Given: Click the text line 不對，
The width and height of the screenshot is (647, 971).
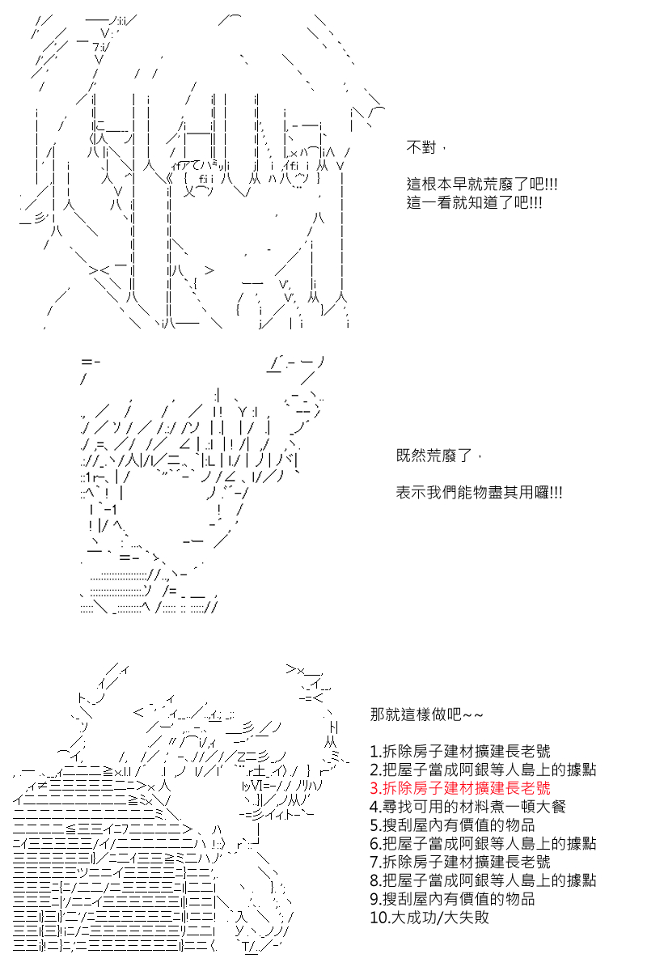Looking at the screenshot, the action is click(426, 148).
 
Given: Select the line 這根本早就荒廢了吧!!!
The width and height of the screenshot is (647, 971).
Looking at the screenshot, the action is click(482, 184).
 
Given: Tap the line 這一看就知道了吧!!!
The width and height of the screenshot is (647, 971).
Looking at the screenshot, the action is click(475, 202).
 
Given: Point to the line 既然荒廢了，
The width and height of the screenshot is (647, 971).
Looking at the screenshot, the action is click(439, 456).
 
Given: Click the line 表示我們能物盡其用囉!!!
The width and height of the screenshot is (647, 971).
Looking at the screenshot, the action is click(479, 493).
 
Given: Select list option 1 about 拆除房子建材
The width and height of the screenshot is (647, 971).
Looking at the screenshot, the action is click(460, 751).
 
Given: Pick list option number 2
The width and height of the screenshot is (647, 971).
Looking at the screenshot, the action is click(483, 770).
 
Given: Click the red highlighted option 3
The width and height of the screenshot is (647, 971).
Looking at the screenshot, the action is click(460, 787).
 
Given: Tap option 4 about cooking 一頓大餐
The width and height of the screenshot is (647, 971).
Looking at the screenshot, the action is click(468, 806).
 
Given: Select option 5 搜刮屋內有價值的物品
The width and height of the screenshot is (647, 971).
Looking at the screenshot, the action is click(452, 825).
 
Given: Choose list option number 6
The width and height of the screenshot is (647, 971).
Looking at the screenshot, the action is click(483, 843).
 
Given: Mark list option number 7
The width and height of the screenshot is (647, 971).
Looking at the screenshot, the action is click(460, 862).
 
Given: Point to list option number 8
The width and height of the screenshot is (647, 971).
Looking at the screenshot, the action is click(483, 880).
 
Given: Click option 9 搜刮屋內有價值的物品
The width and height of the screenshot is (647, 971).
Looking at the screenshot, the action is click(452, 899).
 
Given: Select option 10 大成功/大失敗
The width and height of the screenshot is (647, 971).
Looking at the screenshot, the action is click(429, 917).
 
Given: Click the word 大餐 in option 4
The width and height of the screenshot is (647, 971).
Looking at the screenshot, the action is click(551, 806).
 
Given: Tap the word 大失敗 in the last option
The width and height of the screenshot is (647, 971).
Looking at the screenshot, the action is click(466, 917).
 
